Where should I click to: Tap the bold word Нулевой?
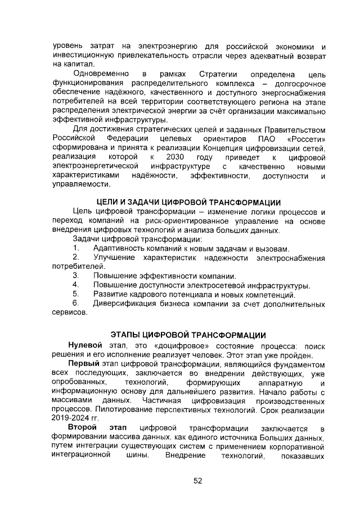pos(85,345)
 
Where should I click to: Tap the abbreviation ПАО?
pos(258,138)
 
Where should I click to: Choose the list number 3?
pos(75,276)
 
